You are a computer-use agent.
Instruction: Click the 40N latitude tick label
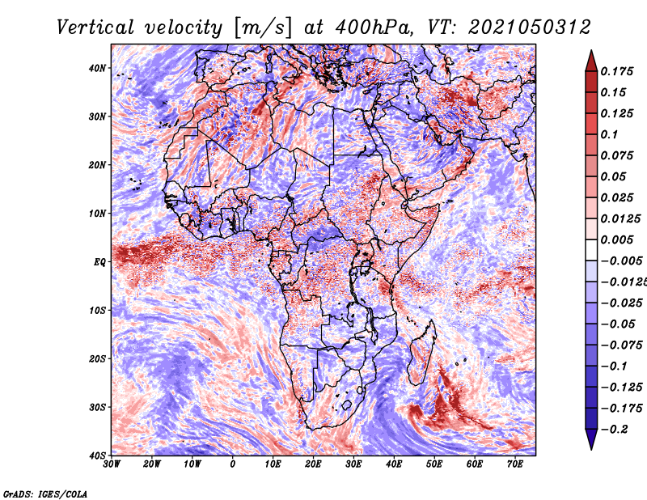(x=96, y=68)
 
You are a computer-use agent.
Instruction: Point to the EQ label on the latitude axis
(x=99, y=262)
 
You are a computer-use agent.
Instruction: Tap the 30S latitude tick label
(x=97, y=408)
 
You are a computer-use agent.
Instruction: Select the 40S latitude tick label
(x=97, y=456)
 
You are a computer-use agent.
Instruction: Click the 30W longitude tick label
(x=112, y=464)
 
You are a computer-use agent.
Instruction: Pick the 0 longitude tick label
(x=233, y=464)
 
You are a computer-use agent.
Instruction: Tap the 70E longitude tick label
(x=515, y=464)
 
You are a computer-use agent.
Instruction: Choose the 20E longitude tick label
(x=313, y=464)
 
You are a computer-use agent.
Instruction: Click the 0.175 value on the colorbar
(x=617, y=71)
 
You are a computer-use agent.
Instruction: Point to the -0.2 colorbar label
(x=615, y=430)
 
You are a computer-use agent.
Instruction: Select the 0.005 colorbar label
(x=617, y=239)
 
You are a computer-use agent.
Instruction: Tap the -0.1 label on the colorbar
(x=615, y=367)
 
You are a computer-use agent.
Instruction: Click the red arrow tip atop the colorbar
(x=591, y=51)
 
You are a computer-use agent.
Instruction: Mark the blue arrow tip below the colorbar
(x=591, y=449)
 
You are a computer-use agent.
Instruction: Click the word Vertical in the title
(x=95, y=28)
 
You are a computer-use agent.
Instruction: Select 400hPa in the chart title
(x=374, y=28)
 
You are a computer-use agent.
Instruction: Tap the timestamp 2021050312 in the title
(x=530, y=28)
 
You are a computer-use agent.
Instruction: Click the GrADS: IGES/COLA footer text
(x=45, y=494)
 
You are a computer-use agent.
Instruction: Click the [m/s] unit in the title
(x=263, y=28)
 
